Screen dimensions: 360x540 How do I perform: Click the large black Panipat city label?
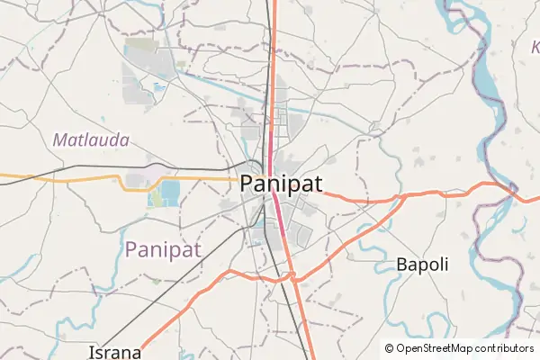point(281,184)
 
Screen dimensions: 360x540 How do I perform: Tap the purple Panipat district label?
point(163,248)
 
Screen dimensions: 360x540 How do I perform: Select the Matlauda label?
point(91,140)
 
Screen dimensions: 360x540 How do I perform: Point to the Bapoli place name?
point(422,265)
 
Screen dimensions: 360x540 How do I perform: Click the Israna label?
point(114,351)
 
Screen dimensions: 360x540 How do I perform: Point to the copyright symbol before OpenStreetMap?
point(390,347)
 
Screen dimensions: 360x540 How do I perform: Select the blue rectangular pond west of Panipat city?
point(169,192)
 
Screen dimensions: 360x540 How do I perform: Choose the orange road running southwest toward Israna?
point(180,310)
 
